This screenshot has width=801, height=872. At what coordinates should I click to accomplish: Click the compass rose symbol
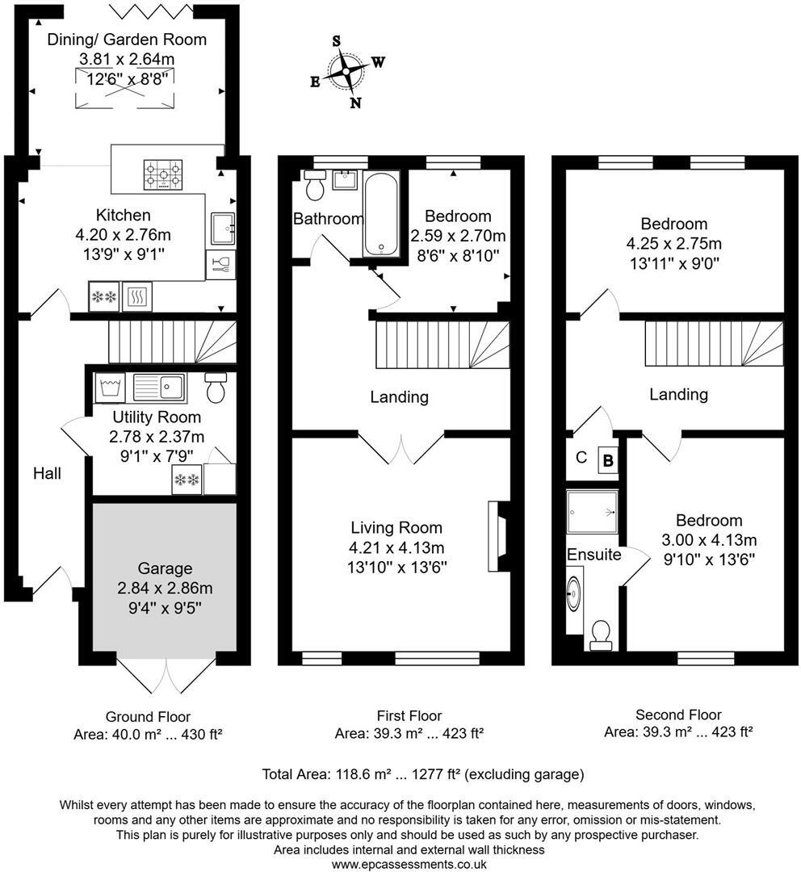pos(347,71)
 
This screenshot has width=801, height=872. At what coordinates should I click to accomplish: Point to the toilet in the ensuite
pos(602,635)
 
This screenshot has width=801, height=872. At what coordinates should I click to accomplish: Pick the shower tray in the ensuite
pos(593,512)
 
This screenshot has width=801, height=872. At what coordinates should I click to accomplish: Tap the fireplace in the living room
pos(498,536)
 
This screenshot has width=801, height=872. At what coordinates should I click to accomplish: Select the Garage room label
pos(165,568)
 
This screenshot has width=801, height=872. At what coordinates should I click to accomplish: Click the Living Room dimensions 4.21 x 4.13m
pos(396,547)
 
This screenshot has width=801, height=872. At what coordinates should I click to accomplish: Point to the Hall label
pos(47,473)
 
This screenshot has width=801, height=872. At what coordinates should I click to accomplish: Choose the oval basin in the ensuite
pos(575,593)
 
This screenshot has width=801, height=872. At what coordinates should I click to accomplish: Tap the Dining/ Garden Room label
pos(127,39)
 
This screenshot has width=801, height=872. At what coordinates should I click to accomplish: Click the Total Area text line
pos(423,775)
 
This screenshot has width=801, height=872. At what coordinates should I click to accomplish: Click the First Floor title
pos(409,716)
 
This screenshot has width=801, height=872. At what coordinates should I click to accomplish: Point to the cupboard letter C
pos(581,458)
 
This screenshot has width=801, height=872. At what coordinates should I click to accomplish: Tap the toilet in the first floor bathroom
pos(314,187)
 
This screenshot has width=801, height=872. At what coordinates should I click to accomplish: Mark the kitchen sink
pos(222,227)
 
